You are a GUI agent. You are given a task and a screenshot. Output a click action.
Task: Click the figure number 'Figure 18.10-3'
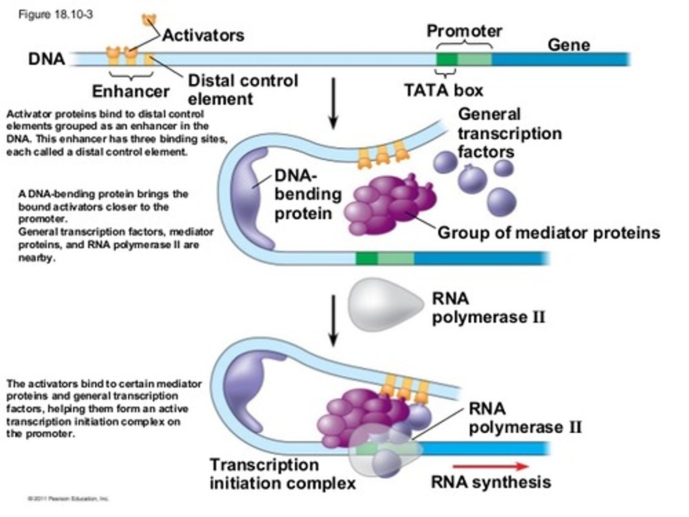tap(56, 14)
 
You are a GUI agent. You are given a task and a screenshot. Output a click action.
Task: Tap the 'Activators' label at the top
tap(203, 35)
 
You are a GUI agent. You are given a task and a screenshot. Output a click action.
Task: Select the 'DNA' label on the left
tap(46, 59)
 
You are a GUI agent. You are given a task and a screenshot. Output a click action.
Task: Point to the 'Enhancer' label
tap(131, 91)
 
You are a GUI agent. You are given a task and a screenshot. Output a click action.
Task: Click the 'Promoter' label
tap(464, 31)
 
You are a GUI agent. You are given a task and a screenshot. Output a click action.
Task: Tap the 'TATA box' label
tap(444, 90)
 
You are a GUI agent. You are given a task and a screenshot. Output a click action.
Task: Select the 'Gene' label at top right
tap(568, 45)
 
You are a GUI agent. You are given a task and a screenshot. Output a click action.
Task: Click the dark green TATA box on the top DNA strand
tap(446, 59)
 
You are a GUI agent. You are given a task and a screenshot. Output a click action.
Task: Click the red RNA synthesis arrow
tap(490, 466)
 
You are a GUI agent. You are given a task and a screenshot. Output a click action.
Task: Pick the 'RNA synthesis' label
tap(491, 482)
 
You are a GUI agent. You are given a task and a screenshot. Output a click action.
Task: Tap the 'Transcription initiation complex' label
tap(282, 474)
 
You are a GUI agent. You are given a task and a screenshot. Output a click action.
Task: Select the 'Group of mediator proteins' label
tap(548, 233)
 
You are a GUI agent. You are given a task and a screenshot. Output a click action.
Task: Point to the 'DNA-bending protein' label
tap(307, 194)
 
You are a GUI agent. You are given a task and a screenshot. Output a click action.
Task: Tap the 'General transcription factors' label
tap(509, 133)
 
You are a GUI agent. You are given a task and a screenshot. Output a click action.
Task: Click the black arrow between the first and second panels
tap(333, 103)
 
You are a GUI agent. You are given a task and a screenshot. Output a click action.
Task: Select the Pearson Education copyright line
tap(68, 499)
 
